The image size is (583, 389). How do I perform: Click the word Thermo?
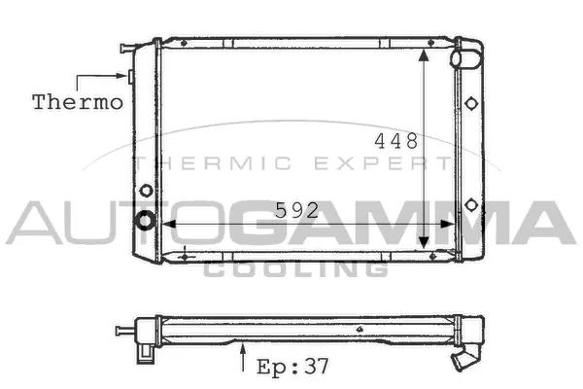pos(78,101)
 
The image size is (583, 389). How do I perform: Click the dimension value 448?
pos(396,142)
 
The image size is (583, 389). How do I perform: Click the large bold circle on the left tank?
pos(146,221)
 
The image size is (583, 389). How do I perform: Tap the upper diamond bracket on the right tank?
pos(471,103)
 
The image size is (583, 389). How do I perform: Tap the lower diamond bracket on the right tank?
pos(471,204)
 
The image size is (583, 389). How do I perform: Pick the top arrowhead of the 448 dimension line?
pos(425,54)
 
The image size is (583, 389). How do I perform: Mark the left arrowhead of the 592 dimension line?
pos(165,224)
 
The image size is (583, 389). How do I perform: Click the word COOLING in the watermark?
pos(295,268)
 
